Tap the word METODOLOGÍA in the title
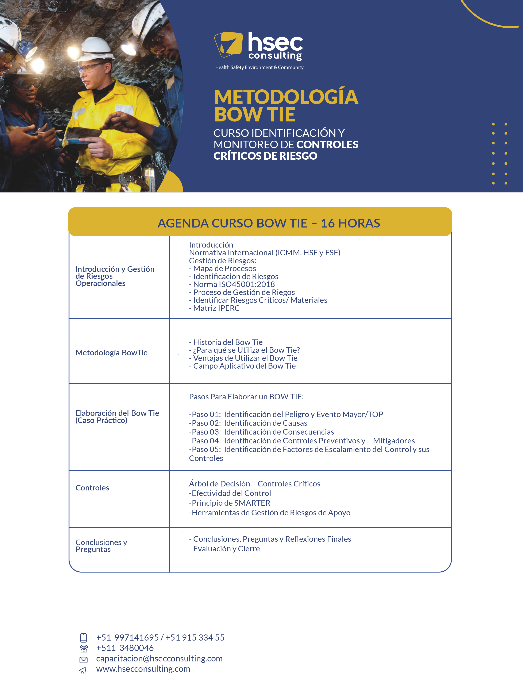click(286, 97)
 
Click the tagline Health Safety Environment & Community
click(259, 67)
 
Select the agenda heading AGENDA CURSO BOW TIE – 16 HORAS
click(269, 223)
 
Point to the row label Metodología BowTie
click(111, 353)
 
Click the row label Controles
click(92, 488)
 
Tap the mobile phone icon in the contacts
click(83, 638)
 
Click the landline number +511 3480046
click(125, 648)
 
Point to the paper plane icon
click(83, 670)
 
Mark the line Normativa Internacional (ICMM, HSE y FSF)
click(265, 253)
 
